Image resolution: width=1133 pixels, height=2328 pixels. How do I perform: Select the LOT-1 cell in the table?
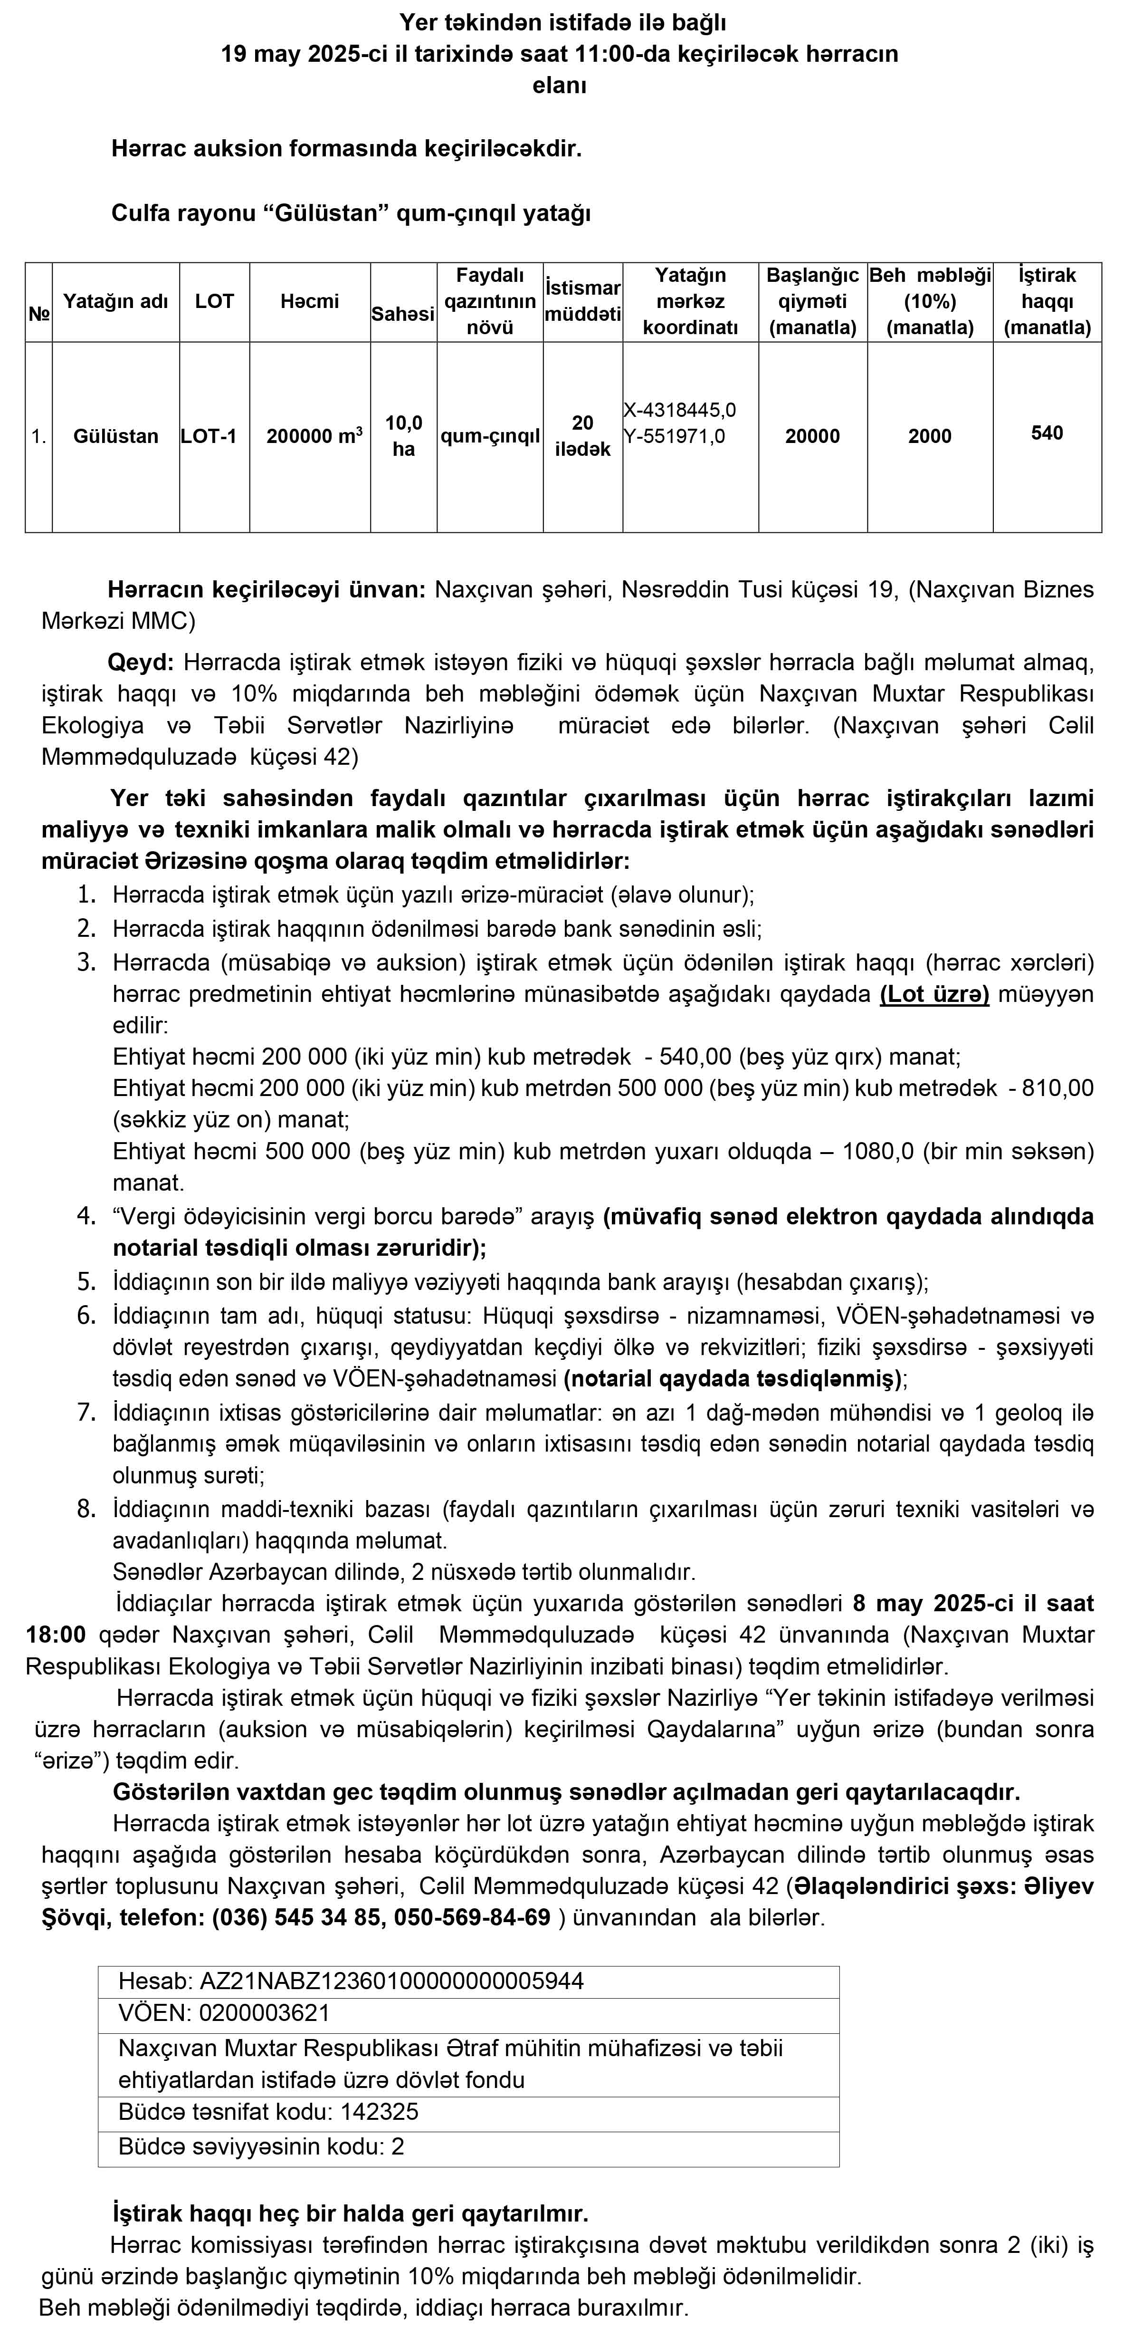209,436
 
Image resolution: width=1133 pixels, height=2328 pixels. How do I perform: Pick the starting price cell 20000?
812,436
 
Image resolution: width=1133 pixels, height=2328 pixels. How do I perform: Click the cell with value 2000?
930,436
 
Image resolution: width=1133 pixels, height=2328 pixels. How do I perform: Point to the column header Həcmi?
309,301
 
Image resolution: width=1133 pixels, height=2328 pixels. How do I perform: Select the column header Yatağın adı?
115,301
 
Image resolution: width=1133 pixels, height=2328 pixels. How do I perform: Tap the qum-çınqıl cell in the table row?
490,436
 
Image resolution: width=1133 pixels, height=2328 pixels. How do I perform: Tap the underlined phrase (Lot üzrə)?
934,994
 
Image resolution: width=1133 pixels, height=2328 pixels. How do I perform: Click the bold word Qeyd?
140,663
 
